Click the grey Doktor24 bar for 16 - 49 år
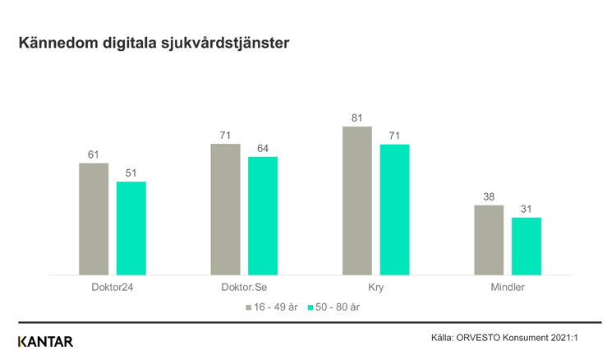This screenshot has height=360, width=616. [x=94, y=219]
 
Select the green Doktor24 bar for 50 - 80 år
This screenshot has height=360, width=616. [x=131, y=228]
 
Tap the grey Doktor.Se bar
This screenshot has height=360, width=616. [x=225, y=210]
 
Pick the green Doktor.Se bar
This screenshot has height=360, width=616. [x=263, y=215]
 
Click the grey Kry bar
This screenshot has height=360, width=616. [x=356, y=201]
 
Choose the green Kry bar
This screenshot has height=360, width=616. [x=394, y=210]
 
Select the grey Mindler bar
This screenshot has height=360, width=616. [x=489, y=240]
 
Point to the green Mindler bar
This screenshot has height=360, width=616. [x=526, y=246]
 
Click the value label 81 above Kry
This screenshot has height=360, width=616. [x=356, y=117]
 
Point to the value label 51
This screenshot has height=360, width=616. [x=131, y=172]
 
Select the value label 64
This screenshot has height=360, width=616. [x=263, y=147]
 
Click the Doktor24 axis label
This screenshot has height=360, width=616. [x=113, y=288]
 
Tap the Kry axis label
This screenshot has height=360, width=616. [x=375, y=288]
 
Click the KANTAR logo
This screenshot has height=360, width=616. [x=45, y=341]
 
